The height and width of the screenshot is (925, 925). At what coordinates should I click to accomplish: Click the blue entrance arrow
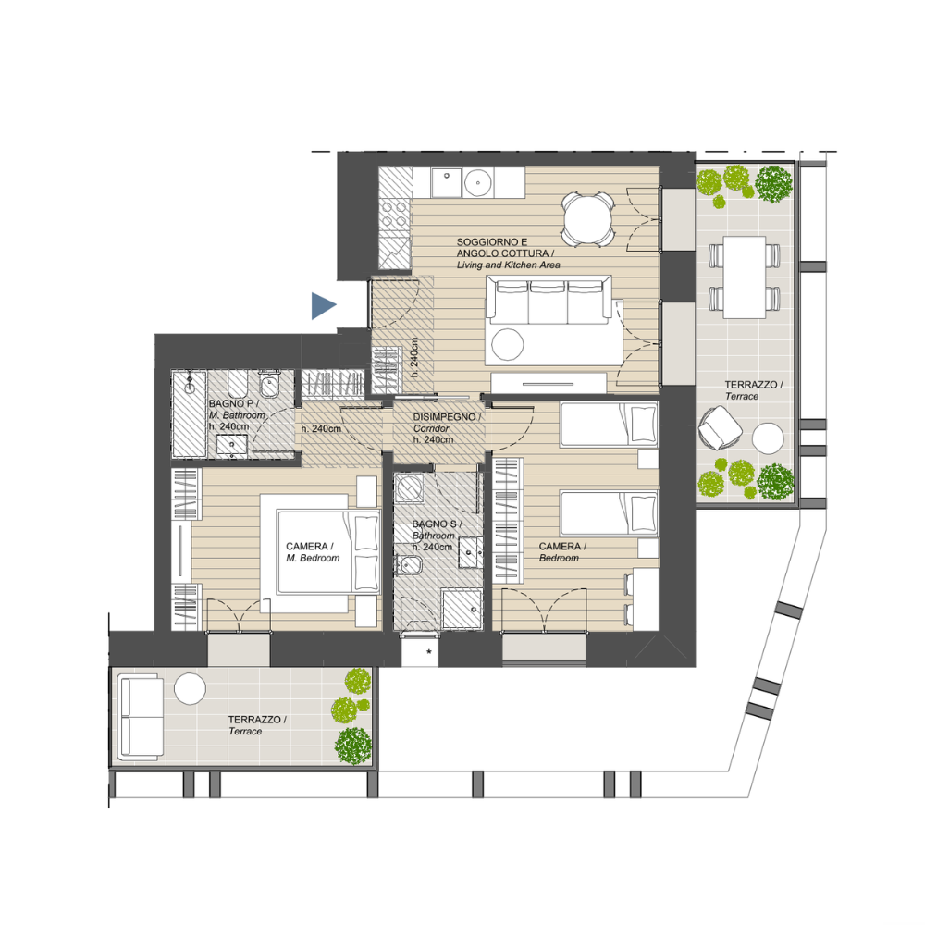(323, 305)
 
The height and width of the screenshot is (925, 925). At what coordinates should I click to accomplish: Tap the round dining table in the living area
(587, 219)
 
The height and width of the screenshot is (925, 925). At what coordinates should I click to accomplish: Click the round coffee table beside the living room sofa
(507, 343)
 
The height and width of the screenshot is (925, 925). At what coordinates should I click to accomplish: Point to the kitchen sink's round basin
(478, 183)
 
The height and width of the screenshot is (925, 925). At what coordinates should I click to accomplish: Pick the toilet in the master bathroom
(269, 384)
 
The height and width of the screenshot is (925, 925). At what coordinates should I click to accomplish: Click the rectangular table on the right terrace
(745, 277)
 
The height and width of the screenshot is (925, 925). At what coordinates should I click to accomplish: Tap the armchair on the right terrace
(719, 427)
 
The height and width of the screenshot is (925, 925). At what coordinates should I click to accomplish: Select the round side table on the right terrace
(768, 438)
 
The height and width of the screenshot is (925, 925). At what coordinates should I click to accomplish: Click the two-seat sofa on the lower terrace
(141, 718)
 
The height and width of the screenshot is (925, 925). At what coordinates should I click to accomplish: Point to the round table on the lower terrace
(190, 688)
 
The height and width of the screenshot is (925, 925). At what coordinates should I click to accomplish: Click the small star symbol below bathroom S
(429, 651)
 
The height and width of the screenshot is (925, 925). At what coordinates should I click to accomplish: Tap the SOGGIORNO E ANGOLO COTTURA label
(508, 253)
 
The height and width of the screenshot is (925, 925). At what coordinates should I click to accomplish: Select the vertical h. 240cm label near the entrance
(414, 357)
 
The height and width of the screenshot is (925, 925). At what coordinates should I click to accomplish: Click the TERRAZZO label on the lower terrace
(257, 725)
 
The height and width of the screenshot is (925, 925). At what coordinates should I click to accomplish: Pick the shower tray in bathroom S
(462, 609)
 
